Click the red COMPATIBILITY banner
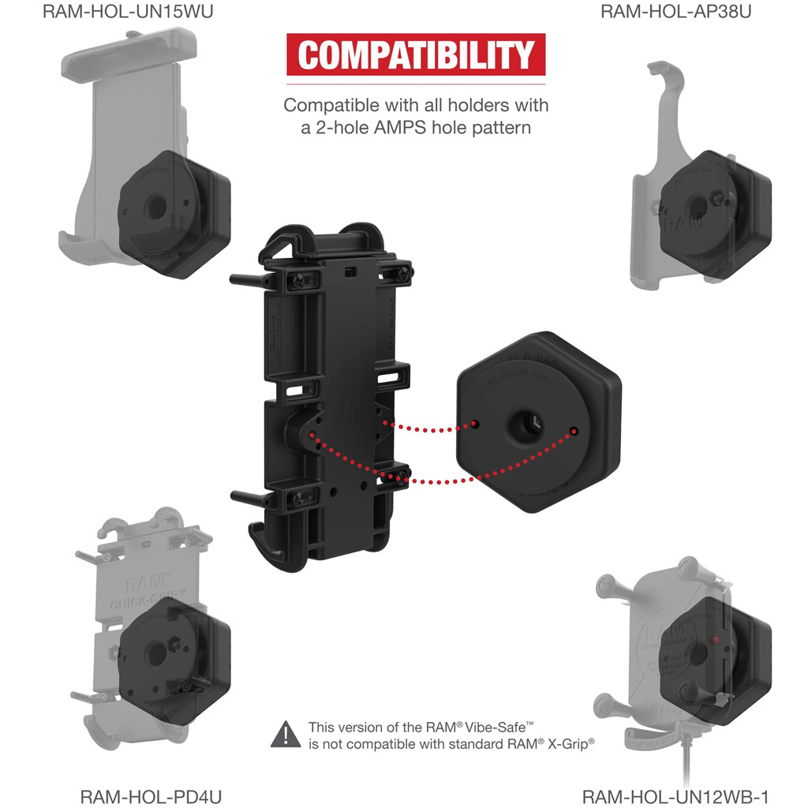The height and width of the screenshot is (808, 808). pos(416,54)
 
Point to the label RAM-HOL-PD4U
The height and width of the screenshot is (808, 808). pos(151,795)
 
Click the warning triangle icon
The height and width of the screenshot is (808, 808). pos(285,735)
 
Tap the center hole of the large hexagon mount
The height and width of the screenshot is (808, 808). pos(524,425)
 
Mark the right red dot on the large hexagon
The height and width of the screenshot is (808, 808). pos(574,432)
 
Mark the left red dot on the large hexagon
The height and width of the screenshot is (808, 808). pos(476,425)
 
